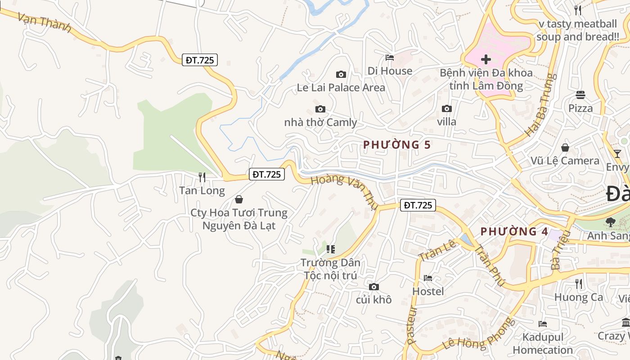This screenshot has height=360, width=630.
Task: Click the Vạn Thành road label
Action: pos(45,22)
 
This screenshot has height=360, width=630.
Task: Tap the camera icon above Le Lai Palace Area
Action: pos(341,74)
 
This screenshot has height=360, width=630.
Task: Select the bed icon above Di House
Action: pos(390,58)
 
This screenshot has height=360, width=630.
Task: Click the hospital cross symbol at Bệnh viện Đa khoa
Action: pos(486,59)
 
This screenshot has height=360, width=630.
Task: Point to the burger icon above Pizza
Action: pos(580,94)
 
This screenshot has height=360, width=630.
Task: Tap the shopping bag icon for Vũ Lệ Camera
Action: pos(565,148)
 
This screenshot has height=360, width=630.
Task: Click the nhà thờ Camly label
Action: pos(320,122)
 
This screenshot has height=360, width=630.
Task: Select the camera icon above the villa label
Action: pos(446,108)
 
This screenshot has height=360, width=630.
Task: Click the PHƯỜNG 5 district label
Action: pos(397,145)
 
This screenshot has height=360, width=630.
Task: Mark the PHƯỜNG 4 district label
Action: pos(514,232)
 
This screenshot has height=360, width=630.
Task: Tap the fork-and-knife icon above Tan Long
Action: pos(202,177)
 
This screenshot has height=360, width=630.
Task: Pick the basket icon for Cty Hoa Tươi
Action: pos(239,199)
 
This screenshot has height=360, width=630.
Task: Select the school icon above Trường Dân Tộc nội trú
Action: pos(331,249)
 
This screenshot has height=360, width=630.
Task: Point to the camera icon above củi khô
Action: pos(373,287)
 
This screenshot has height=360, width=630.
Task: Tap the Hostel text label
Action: pos(428,292)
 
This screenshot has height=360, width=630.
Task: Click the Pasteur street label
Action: pos(412,325)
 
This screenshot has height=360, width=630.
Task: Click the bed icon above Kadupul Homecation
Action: pos(543,324)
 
